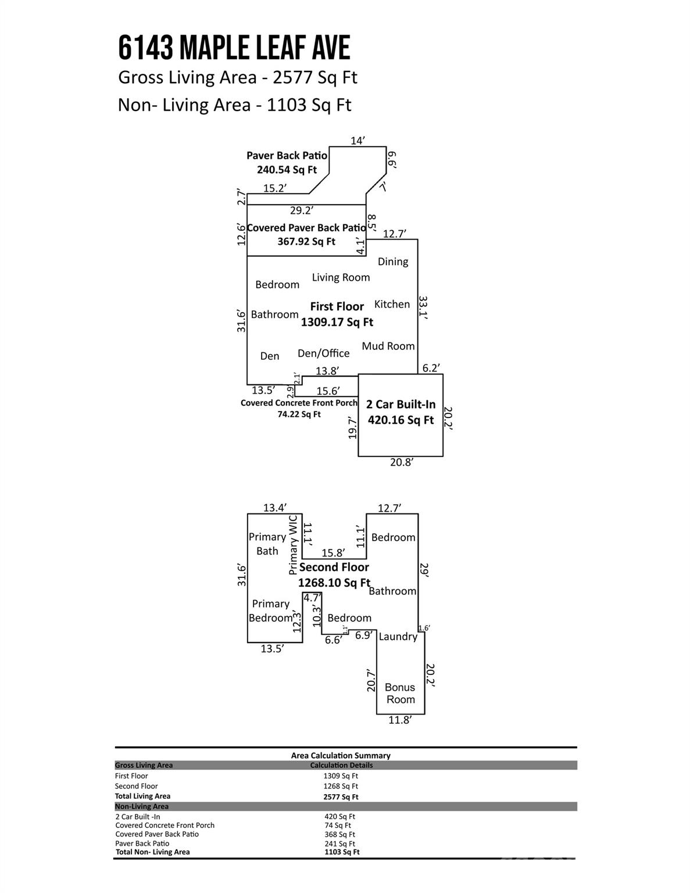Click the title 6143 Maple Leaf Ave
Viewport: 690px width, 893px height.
234,48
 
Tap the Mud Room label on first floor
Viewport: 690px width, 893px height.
388,346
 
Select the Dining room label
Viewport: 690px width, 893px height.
393,262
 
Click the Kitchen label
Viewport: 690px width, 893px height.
392,304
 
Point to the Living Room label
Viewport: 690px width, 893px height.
341,277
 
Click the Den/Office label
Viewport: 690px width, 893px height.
323,353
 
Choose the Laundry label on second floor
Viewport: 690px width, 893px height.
398,637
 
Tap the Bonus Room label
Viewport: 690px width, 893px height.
401,694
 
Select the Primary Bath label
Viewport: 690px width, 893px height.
267,544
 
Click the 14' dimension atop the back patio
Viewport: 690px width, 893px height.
357,141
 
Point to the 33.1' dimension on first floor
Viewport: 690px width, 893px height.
424,309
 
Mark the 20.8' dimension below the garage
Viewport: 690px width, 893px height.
401,462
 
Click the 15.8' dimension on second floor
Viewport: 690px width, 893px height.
333,553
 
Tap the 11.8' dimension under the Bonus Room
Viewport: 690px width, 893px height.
400,720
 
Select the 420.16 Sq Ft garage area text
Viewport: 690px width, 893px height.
401,420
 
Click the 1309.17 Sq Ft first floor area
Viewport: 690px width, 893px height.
337,322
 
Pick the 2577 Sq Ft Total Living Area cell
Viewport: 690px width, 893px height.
341,797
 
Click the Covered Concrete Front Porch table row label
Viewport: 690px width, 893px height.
165,825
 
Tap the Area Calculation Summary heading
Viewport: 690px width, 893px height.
341,755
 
